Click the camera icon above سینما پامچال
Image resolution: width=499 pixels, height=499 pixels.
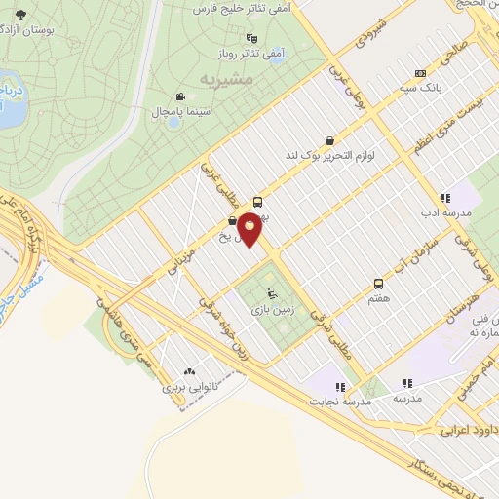181,96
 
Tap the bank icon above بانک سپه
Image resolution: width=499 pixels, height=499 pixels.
420,72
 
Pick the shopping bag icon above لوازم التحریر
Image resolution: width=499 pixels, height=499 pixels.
330,139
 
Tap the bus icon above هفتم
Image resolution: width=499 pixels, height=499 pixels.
377,284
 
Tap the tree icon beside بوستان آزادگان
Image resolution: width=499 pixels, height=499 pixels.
20,15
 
